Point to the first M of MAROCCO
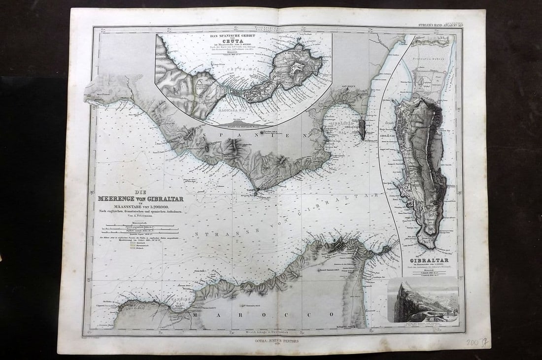pyautogui.click(x=196, y=314)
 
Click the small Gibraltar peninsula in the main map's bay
pyautogui.click(x=362, y=128)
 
